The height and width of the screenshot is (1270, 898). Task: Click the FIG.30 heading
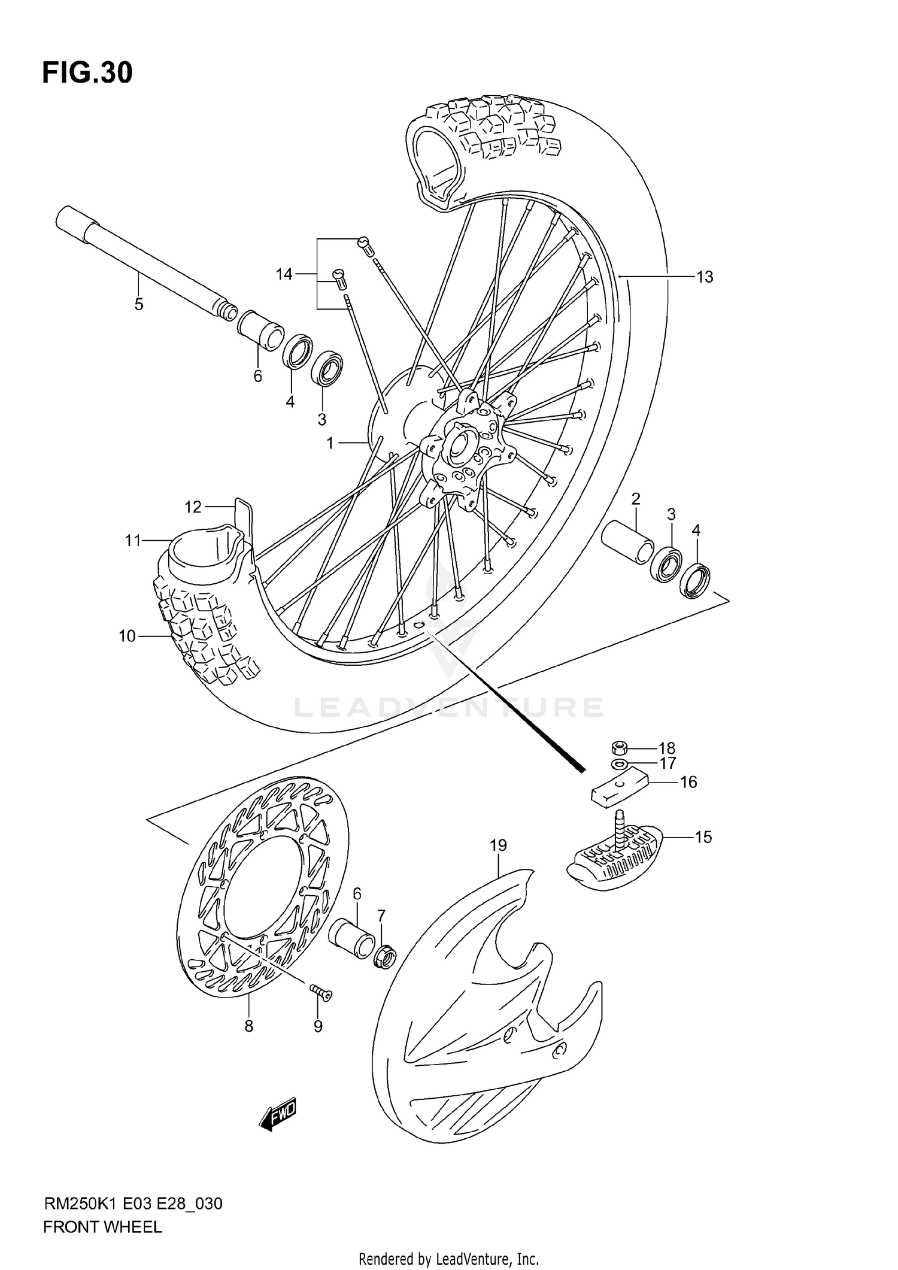tap(87, 73)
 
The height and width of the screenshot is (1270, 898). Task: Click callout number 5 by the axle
tap(139, 304)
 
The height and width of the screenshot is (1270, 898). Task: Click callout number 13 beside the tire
tap(705, 277)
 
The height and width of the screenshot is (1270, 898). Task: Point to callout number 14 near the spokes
tap(284, 274)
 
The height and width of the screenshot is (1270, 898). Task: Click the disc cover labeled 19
tap(479, 1018)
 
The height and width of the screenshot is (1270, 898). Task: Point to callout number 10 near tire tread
tap(127, 636)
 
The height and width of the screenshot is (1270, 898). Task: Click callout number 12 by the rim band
tap(193, 507)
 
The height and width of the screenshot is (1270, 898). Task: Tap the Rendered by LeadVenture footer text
tap(448, 1259)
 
